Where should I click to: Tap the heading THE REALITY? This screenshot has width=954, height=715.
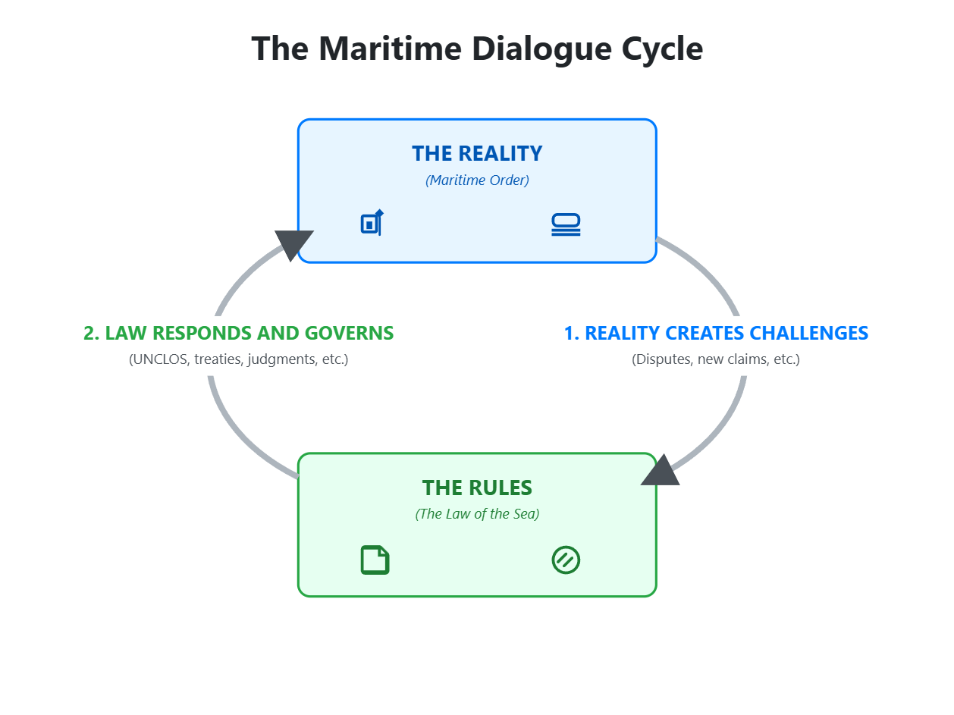477,153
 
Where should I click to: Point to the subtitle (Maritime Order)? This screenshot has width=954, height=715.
477,180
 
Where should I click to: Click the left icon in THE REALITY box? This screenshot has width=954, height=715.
372,223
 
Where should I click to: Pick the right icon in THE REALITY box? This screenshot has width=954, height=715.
566,224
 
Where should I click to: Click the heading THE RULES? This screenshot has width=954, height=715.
477,487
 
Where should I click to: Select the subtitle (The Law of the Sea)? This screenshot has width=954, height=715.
477,514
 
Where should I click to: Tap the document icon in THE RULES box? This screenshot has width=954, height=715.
375,560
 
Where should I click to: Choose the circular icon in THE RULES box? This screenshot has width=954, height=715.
566,560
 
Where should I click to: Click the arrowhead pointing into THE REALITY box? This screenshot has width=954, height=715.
293,244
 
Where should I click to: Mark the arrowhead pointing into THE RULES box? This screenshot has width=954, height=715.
661,472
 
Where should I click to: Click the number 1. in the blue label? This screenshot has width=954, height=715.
572,333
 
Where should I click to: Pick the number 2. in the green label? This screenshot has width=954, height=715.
92,333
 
